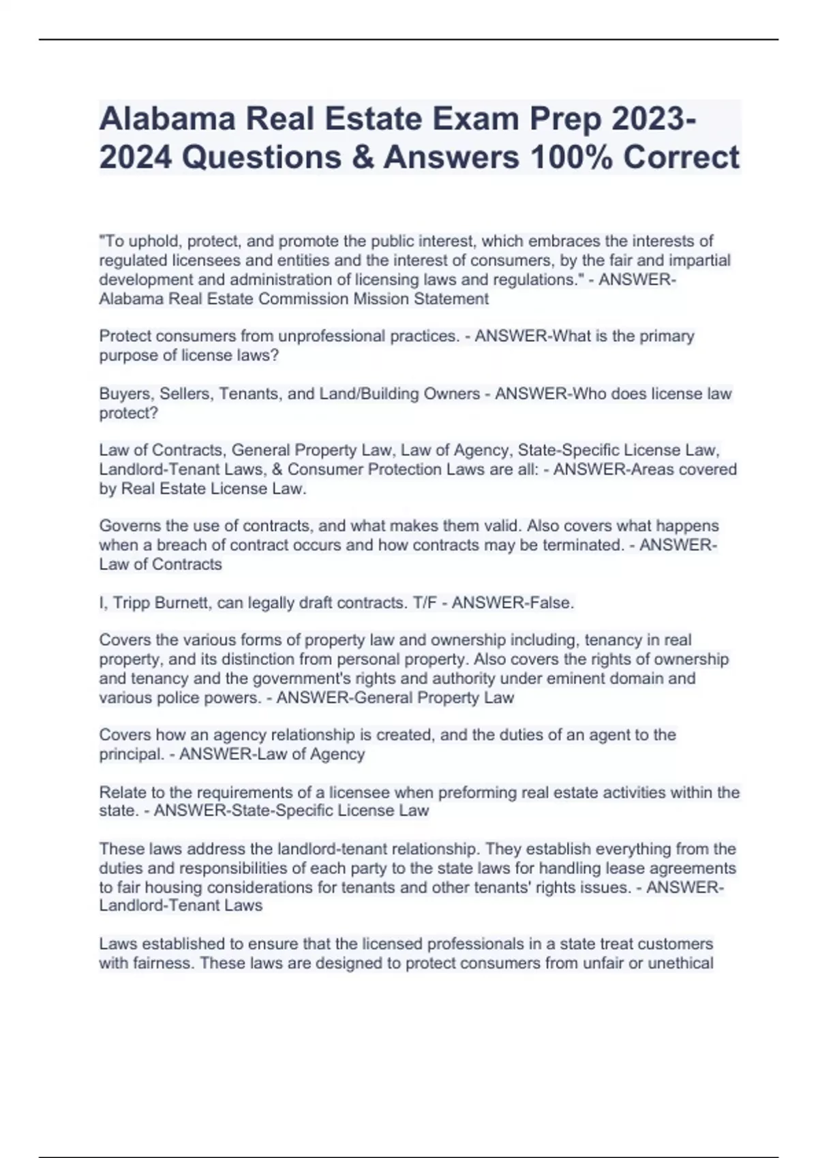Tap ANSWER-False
coord(513,603)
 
